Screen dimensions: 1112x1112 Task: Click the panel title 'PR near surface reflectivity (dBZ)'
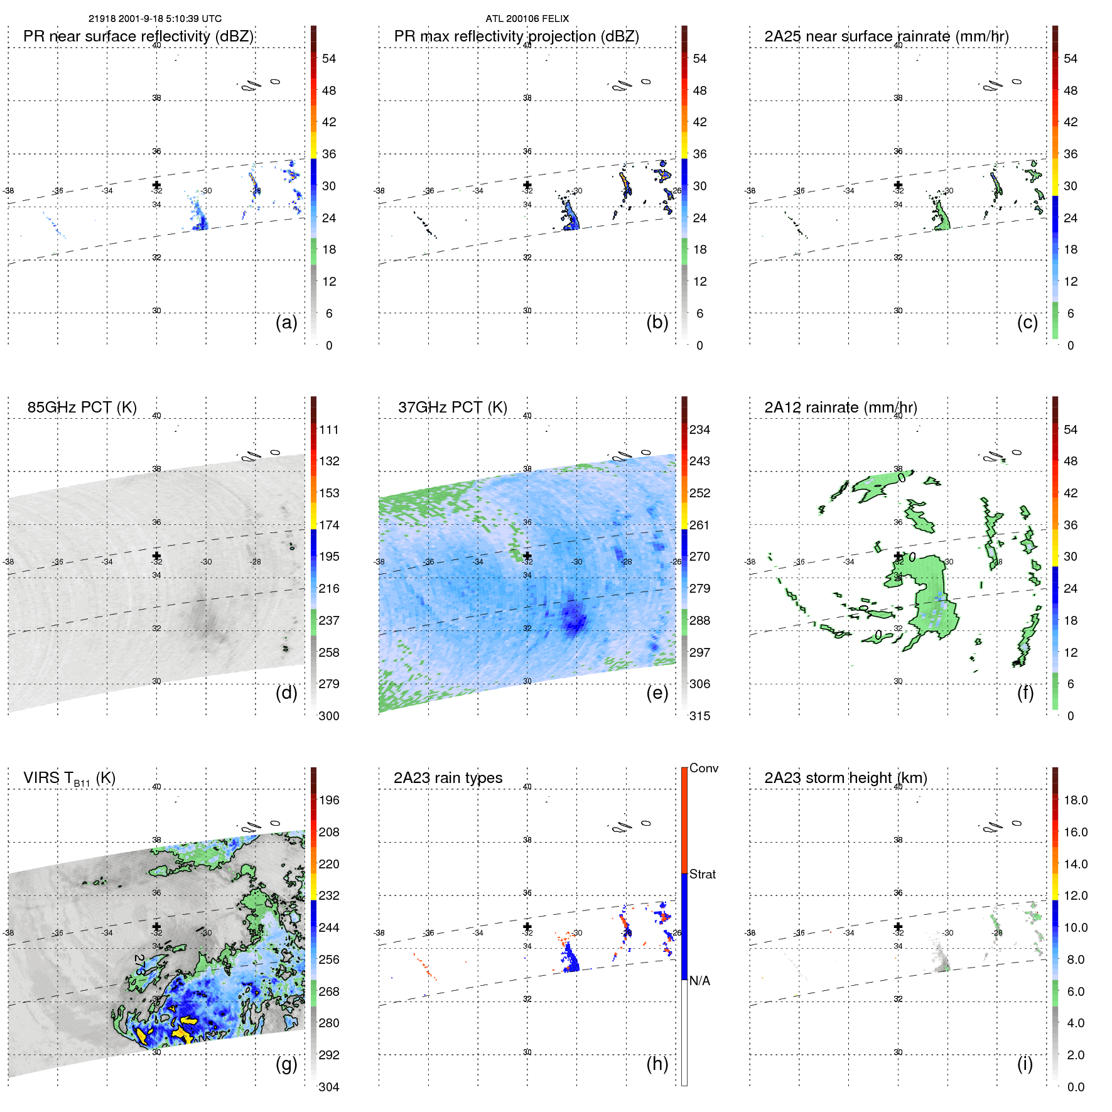tap(138, 36)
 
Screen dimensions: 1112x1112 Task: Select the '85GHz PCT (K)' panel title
tap(82, 408)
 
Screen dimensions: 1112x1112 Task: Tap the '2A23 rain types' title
tap(448, 778)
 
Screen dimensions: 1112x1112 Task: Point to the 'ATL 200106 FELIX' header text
tap(527, 19)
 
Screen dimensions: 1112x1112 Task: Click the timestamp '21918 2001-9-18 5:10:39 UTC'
tap(154, 19)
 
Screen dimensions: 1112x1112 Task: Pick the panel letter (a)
tap(286, 322)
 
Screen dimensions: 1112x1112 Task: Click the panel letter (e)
tap(657, 693)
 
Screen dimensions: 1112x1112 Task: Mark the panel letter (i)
tap(1025, 1064)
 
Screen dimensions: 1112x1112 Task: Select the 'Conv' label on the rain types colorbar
tap(703, 768)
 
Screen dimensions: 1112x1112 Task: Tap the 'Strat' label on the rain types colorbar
tap(702, 874)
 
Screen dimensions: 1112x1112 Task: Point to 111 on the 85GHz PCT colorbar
tap(329, 429)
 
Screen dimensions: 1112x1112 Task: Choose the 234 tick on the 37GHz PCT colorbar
tap(699, 429)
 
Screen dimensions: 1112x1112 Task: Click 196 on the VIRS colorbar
tap(329, 800)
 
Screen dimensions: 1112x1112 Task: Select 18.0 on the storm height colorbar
tap(1075, 800)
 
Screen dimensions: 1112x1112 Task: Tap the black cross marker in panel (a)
tap(156, 185)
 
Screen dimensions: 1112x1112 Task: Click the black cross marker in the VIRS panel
tap(156, 926)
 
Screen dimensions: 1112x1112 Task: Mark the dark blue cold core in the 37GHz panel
tap(573, 617)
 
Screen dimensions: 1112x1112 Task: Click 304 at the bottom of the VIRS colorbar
tap(329, 1087)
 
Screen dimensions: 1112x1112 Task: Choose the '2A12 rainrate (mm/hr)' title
tap(840, 408)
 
